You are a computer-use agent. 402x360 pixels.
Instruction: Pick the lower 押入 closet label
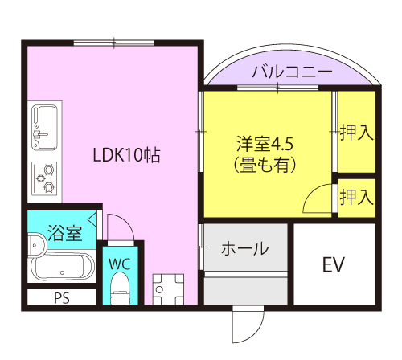tap(355, 195)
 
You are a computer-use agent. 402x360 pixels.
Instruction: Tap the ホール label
tap(244, 248)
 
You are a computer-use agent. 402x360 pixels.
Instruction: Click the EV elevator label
tap(334, 264)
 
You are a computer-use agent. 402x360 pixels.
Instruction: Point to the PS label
tap(62, 298)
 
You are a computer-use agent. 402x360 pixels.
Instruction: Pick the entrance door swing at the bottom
tap(246, 325)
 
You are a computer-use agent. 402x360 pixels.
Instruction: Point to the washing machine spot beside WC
tap(169, 287)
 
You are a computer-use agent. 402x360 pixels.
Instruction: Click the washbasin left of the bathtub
tap(35, 243)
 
